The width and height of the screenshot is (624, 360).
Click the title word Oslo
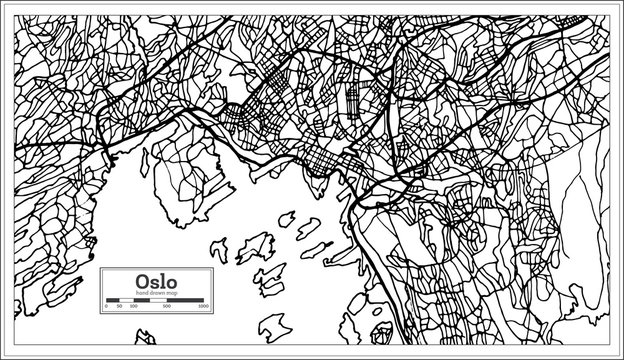156,282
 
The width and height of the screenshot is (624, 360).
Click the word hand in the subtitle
141,293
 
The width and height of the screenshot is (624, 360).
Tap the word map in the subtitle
172,293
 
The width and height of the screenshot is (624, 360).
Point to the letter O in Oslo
141,282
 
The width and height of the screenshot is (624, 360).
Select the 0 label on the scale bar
106,306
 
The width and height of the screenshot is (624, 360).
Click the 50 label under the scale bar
119,306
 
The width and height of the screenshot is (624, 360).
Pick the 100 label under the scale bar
133,306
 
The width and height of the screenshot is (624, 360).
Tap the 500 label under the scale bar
167,306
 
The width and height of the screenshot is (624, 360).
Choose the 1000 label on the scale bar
203,306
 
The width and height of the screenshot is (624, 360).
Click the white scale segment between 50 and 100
127,300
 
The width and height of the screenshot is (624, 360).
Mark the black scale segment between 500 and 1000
185,300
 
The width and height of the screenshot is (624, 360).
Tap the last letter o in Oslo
172,283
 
